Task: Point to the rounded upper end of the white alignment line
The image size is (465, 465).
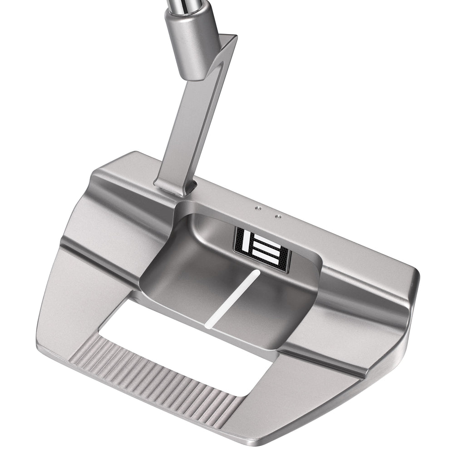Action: click(x=257, y=272)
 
